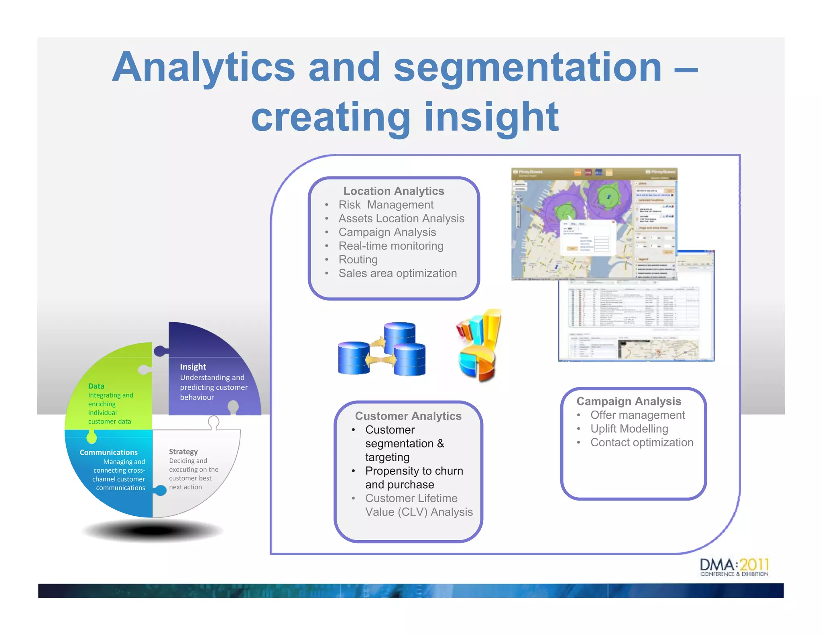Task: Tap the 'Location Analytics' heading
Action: (x=393, y=191)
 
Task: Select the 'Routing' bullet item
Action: (x=358, y=260)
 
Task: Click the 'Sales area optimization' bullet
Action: (x=397, y=273)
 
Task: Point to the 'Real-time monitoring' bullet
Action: (x=391, y=246)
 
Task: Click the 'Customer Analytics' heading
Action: (x=408, y=416)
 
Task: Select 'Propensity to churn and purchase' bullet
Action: (x=413, y=478)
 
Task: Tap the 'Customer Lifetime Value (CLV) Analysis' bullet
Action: (x=418, y=505)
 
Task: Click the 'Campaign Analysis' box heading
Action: (x=629, y=401)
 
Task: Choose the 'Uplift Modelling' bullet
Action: (x=629, y=429)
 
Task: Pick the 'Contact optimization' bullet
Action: (x=641, y=442)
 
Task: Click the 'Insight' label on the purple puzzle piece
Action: (x=193, y=367)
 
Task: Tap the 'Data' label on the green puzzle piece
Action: (x=96, y=386)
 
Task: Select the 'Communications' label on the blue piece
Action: (x=108, y=452)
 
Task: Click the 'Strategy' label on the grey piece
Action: (x=183, y=452)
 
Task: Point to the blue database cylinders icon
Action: (x=382, y=350)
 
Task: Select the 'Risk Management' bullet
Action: (x=385, y=205)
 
